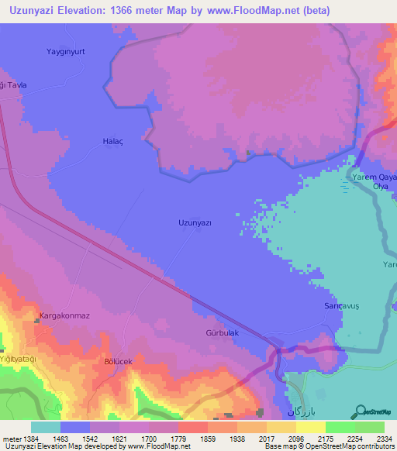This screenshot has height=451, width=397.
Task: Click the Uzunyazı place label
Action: [195, 222]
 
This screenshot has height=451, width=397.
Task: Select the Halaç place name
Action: [113, 141]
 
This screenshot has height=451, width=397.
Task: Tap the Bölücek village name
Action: [120, 361]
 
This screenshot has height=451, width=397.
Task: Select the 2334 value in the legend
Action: [375, 439]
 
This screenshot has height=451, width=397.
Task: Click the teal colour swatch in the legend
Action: [46, 427]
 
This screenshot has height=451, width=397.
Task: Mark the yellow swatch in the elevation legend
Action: [311, 427]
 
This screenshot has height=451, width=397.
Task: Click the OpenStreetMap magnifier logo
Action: [360, 412]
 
